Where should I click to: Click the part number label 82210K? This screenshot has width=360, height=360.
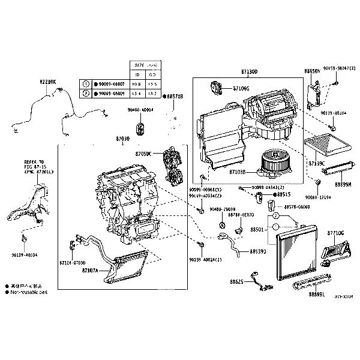click(x=48, y=82)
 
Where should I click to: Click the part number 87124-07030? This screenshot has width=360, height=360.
click(x=73, y=263)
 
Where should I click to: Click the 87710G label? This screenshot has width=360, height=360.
click(x=336, y=232)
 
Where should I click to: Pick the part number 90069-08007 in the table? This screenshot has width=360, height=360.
click(x=110, y=85)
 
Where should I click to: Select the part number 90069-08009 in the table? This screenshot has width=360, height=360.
click(x=110, y=94)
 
